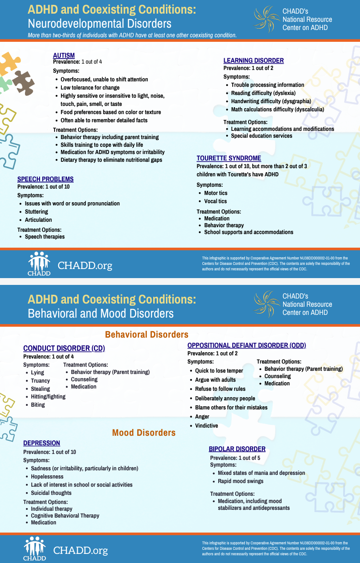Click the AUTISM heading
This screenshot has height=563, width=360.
coord(64,55)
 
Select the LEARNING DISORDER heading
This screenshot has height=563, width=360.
coord(253,60)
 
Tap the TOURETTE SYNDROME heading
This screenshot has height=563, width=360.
coord(229,158)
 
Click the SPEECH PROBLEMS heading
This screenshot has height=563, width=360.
coord(45,179)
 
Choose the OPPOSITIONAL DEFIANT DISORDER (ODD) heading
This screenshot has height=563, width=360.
coord(246,345)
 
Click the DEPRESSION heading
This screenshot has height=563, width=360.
coord(41,443)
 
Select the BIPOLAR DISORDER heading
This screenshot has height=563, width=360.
coord(237,449)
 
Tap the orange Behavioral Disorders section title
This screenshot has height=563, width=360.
coord(146,334)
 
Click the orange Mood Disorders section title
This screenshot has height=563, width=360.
coord(144,433)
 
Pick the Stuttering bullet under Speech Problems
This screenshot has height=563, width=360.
coord(36,212)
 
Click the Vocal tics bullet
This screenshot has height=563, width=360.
coord(215,201)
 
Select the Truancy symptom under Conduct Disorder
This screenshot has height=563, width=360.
coord(40,381)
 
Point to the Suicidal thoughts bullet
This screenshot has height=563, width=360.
coord(51,493)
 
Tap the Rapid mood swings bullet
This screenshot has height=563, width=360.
coord(240,481)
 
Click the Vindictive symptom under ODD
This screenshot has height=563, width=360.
coord(206,426)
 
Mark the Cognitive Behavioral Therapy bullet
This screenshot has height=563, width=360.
coord(65,516)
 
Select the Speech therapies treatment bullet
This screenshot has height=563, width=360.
coord(45,237)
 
